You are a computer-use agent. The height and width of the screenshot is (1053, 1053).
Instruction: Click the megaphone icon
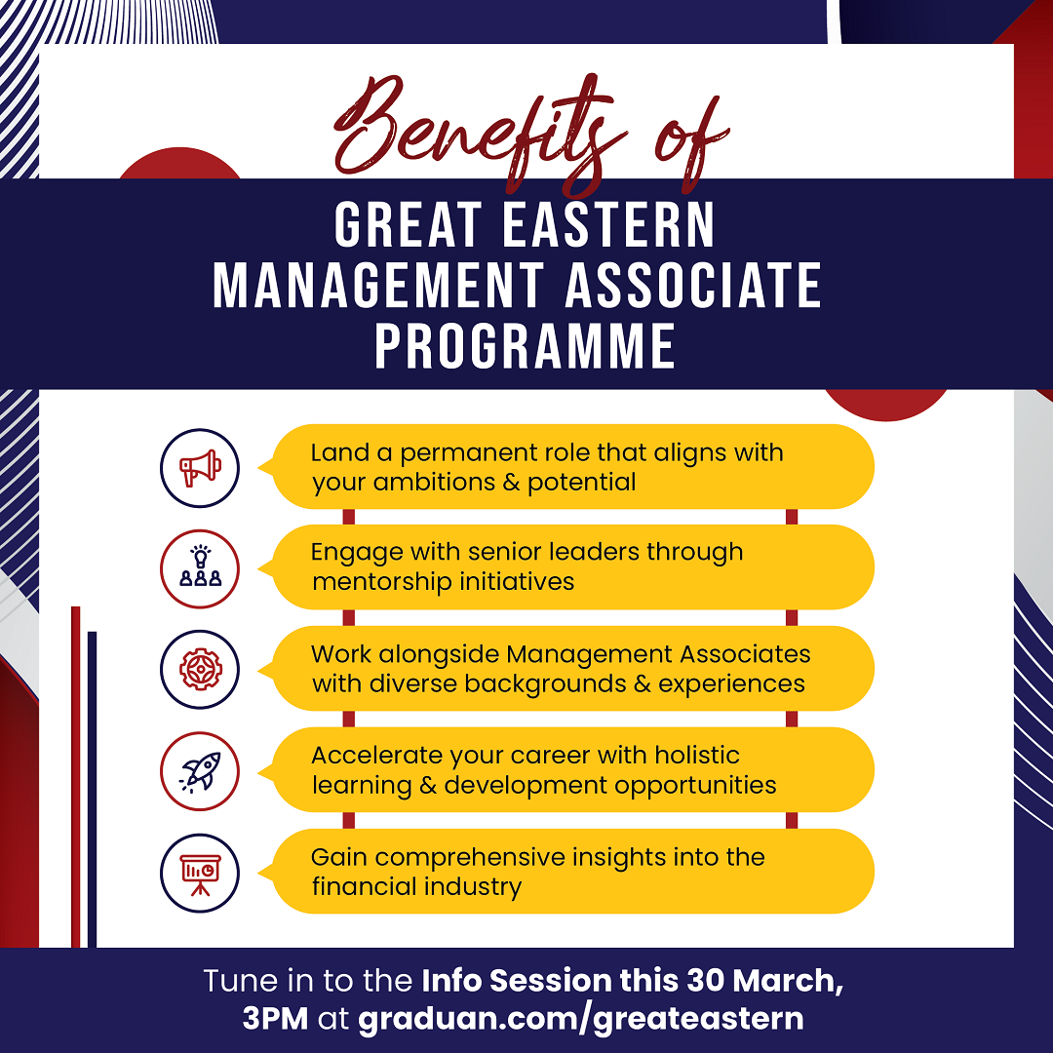[200, 468]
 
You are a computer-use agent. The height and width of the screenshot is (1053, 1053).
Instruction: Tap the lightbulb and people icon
[200, 568]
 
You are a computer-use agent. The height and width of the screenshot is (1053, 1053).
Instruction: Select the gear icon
[200, 670]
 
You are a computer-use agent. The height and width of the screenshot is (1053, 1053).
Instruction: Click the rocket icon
[200, 771]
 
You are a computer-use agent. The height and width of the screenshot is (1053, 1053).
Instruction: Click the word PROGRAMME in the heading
[526, 346]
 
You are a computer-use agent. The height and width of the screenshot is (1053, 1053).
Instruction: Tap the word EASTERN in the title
[609, 225]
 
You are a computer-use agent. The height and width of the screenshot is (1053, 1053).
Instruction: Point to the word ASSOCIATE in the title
[693, 286]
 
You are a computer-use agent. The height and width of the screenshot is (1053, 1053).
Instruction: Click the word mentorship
[381, 581]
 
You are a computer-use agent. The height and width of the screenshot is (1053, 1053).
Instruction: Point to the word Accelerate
[376, 756]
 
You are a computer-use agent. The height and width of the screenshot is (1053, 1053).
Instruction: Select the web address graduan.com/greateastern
[581, 1019]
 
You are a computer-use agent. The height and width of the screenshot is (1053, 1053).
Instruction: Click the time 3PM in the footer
[275, 1019]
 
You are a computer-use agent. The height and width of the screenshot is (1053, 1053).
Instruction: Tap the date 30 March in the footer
[765, 981]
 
